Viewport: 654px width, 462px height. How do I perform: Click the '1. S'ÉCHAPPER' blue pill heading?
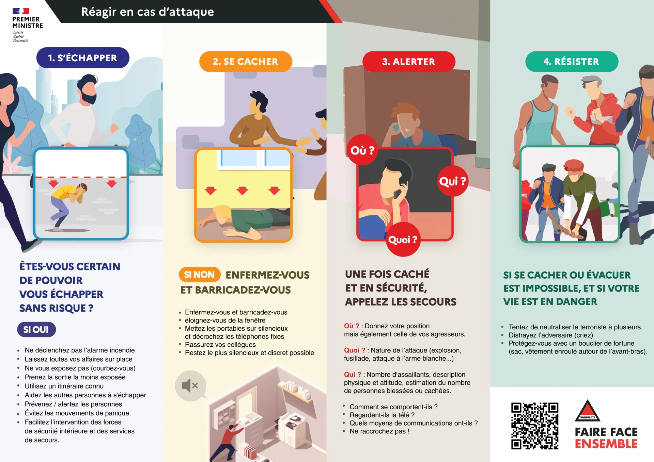[82, 58]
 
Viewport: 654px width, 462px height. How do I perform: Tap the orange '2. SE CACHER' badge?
[245, 62]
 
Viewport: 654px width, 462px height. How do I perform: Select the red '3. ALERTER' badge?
[408, 62]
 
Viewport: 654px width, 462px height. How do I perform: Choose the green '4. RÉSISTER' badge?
[571, 62]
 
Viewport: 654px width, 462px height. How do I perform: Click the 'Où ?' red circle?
[362, 150]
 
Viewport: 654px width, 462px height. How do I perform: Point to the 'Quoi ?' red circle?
[403, 240]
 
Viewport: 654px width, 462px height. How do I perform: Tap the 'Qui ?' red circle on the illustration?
[452, 181]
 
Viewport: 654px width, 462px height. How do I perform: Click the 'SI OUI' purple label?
[36, 329]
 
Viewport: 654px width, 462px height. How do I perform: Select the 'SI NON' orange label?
[199, 275]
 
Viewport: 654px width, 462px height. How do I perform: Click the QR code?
[534, 426]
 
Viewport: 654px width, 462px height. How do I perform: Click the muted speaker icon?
[190, 386]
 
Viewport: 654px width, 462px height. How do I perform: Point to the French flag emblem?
[21, 11]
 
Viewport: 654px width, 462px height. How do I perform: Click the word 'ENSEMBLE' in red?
[606, 444]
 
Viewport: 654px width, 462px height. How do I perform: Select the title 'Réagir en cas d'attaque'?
[147, 12]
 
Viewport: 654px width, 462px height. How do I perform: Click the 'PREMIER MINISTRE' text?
[27, 22]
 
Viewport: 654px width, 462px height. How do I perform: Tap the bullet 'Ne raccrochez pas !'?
[379, 431]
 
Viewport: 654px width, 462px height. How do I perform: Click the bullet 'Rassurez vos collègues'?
[220, 344]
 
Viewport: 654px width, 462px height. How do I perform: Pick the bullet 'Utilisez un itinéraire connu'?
[64, 386]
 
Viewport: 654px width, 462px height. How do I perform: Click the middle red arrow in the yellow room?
[242, 190]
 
